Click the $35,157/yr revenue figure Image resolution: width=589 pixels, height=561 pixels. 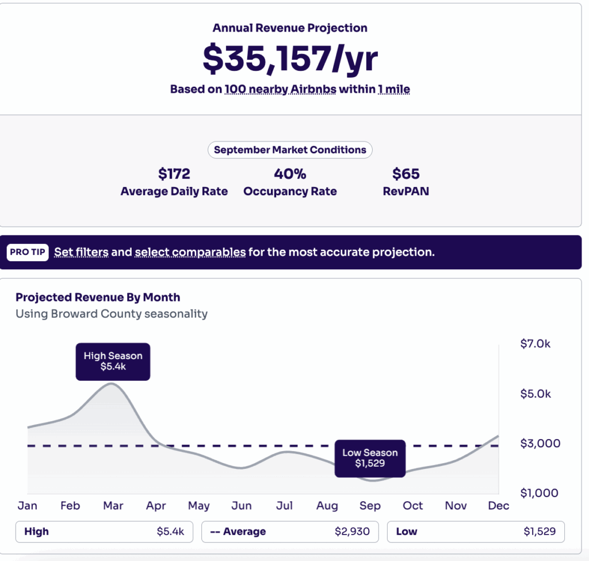point(290,58)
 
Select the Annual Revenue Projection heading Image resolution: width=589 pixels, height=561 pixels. point(290,28)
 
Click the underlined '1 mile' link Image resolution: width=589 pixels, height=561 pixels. point(393,89)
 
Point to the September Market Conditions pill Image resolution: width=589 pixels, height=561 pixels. point(290,150)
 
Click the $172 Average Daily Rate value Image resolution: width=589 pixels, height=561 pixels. point(174,174)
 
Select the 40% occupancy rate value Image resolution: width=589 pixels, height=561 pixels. point(290,174)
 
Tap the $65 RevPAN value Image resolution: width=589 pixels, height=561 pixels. point(406,174)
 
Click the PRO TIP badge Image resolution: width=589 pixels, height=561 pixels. point(28,252)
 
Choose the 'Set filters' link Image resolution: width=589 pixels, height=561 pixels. point(81,252)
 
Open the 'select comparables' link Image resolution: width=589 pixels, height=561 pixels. point(190,252)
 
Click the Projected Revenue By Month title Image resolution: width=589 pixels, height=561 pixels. point(98,297)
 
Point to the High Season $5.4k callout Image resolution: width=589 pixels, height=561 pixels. point(113,361)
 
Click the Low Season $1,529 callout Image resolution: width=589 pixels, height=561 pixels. point(370,458)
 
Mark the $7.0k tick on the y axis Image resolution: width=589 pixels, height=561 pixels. point(535,344)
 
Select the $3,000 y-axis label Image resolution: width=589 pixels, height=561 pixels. point(540,444)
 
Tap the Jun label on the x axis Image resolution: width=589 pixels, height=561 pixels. point(242,506)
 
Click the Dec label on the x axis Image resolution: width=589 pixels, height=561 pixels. point(498,506)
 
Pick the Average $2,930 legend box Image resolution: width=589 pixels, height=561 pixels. point(290,532)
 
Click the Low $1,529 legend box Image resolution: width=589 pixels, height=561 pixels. point(476,532)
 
